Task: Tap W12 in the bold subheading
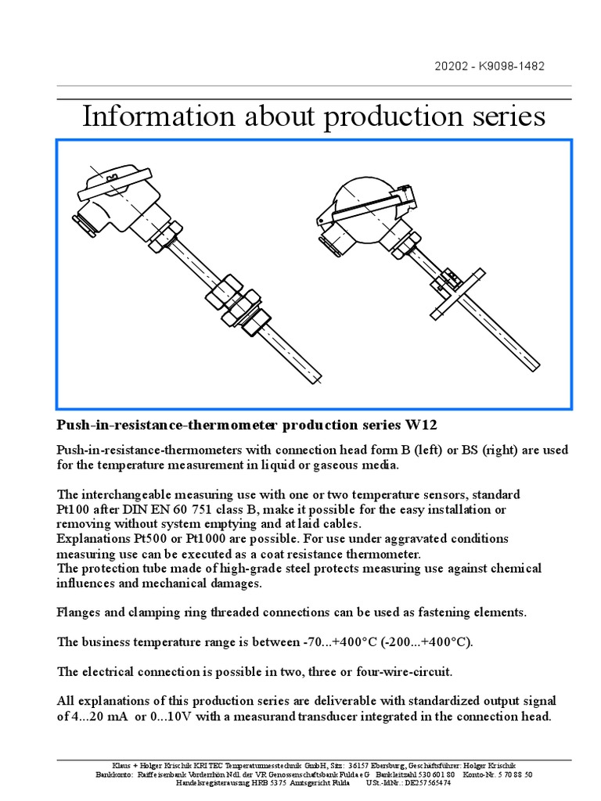(x=420, y=426)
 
